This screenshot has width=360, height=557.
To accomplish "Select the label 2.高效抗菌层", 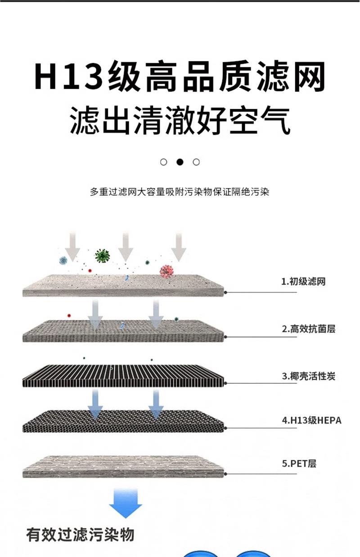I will (x=308, y=329).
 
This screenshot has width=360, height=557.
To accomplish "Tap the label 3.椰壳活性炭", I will (x=308, y=376).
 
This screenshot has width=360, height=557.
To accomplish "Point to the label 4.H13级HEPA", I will (x=311, y=421).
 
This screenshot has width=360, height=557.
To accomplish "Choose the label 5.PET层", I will (x=299, y=463).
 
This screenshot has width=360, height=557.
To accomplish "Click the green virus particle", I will (x=103, y=256).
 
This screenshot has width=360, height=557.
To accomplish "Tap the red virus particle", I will (x=166, y=271).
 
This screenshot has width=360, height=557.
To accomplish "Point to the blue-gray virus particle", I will (x=63, y=260).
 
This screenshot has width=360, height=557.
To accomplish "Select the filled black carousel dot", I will (x=180, y=162).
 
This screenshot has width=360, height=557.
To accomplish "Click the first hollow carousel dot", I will (x=164, y=162).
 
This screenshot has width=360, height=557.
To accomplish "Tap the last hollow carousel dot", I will (x=196, y=162).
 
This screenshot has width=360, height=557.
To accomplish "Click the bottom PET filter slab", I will (x=122, y=467).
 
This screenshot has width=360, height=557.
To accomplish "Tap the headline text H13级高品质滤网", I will (x=180, y=77).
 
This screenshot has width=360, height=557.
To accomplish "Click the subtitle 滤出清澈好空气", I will (x=180, y=120).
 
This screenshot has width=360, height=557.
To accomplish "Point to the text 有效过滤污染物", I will (x=80, y=535).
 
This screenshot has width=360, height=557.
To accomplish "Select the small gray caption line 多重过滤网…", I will (x=180, y=192).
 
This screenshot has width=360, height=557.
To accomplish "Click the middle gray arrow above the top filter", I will (x=126, y=246).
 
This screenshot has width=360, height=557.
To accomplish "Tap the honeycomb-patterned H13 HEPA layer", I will (x=122, y=420).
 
